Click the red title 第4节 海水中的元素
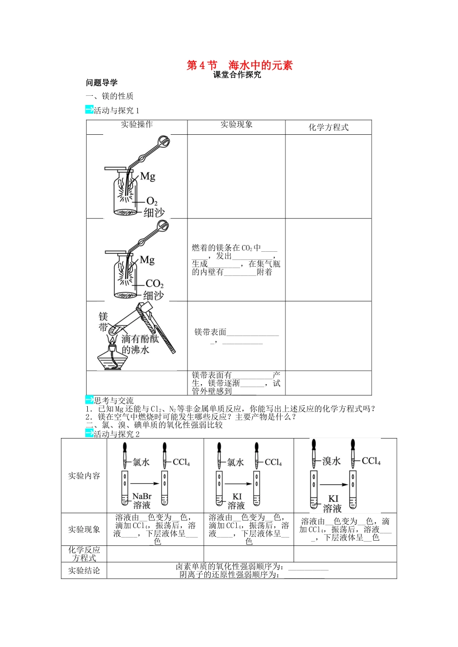(x=240, y=65)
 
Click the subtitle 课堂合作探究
(x=237, y=75)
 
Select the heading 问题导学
(x=102, y=83)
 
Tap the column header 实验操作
(x=137, y=124)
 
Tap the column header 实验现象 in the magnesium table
(x=236, y=124)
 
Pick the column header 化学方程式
(x=328, y=127)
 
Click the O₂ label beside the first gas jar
(x=151, y=201)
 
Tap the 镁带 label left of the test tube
(x=103, y=322)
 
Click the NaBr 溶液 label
(x=142, y=501)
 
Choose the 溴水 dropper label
(x=331, y=461)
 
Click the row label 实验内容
(x=84, y=476)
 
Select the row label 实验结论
(x=84, y=570)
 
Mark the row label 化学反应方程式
(x=84, y=554)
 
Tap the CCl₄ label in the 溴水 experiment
(x=371, y=461)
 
